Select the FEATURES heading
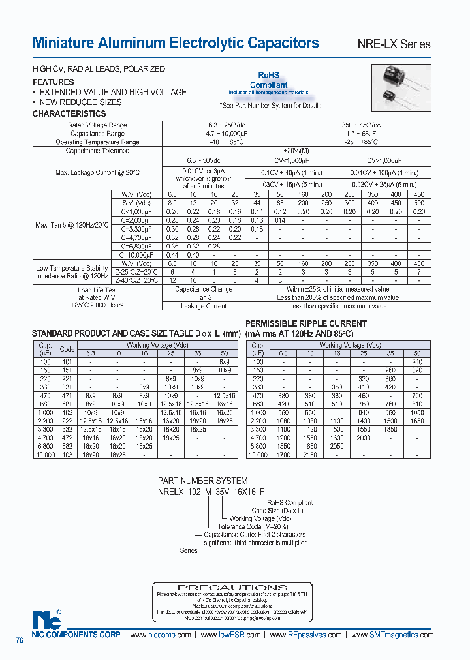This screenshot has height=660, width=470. tap(53, 82)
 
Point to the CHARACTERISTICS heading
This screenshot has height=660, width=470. tap(69, 113)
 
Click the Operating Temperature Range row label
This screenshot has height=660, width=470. tap(97, 142)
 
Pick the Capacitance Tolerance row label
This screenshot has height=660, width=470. tap(97, 151)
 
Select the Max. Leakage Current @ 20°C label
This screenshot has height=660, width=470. tap(97, 172)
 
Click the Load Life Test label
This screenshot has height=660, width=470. tap(97, 290)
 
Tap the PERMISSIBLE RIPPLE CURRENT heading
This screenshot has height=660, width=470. tap(305, 323)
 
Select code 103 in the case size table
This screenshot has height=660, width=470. tap(67, 455)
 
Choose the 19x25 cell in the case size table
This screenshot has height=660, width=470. tap(170, 438)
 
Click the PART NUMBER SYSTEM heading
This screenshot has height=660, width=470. tap(203, 481)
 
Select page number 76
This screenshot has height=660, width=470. tap(20, 641)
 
